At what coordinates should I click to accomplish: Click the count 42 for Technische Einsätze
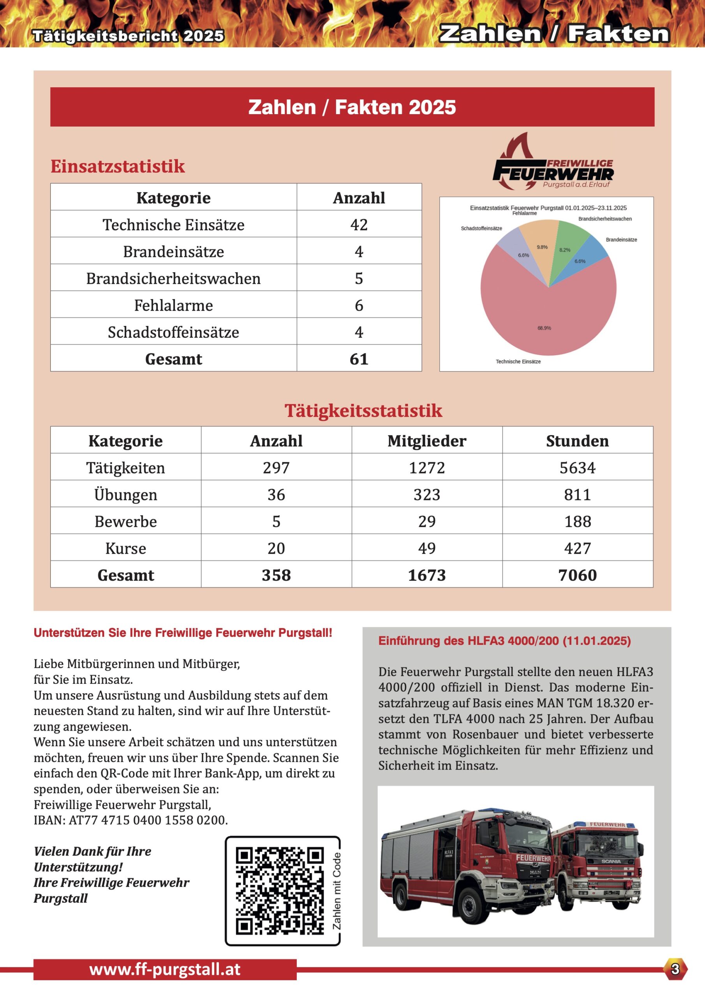[359, 224]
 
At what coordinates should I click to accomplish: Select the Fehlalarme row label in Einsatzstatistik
[173, 305]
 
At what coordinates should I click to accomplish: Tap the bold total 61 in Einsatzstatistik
[359, 359]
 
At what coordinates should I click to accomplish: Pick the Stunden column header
[577, 441]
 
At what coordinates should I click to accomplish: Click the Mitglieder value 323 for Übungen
[427, 495]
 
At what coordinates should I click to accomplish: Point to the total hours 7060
[577, 575]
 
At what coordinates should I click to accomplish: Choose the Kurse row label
[125, 548]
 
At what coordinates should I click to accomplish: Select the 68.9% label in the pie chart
[544, 328]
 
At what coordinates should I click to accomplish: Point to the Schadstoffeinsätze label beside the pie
[481, 228]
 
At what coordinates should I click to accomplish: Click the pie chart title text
[548, 208]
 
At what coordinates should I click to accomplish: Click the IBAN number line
[131, 820]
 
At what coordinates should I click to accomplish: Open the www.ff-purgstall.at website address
[165, 970]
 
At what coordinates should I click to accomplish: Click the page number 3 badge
[675, 969]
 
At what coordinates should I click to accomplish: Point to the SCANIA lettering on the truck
[611, 861]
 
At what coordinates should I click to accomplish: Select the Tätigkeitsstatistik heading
[363, 410]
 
